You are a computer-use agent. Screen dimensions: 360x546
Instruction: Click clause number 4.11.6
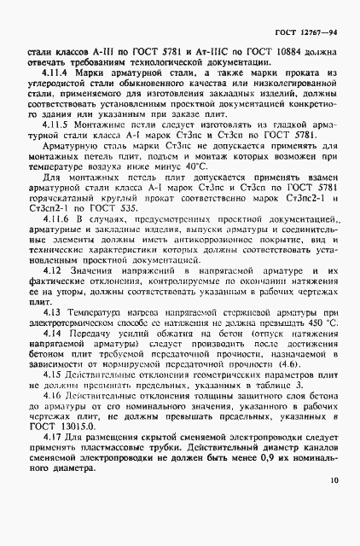pyautogui.click(x=55, y=245)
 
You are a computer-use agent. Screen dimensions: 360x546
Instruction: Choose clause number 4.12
pyautogui.click(x=50, y=293)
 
